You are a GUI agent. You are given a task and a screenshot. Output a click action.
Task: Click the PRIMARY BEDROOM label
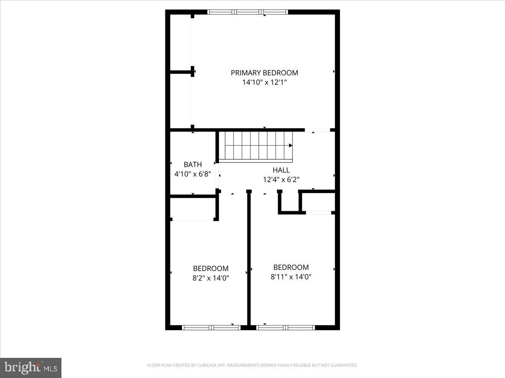click(264, 73)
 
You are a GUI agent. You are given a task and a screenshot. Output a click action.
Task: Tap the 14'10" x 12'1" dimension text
click(264, 83)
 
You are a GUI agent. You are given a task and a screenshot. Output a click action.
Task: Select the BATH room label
click(193, 165)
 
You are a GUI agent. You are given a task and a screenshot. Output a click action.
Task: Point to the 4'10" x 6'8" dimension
click(193, 173)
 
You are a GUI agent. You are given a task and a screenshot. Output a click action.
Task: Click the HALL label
click(281, 170)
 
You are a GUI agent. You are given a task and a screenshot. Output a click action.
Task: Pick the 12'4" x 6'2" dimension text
click(281, 179)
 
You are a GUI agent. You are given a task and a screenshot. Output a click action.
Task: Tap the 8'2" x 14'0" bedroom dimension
click(211, 278)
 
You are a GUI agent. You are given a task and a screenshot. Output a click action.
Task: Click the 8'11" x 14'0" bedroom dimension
click(291, 276)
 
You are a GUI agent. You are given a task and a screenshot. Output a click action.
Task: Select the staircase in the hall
click(258, 146)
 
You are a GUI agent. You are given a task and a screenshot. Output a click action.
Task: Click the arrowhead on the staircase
click(290, 145)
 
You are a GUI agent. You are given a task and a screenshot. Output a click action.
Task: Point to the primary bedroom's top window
click(248, 12)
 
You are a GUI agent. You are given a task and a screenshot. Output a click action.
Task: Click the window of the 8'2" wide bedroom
click(211, 327)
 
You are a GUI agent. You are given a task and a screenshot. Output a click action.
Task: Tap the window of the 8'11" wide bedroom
click(285, 327)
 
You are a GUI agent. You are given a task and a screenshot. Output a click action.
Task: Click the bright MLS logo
click(31, 368)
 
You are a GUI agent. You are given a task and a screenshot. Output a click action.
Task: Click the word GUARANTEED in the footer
click(343, 365)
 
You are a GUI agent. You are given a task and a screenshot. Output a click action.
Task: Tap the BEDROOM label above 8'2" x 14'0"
click(211, 268)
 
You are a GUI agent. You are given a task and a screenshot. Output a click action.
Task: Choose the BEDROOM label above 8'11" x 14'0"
click(291, 267)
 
